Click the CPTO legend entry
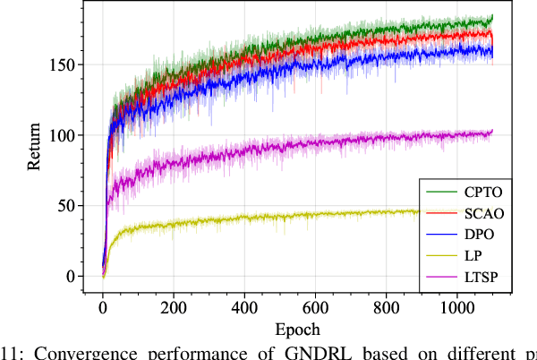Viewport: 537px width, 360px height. point(482,192)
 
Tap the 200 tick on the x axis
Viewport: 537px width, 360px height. point(174,307)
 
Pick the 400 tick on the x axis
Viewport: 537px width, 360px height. point(244,307)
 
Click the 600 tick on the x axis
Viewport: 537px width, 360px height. point(315,307)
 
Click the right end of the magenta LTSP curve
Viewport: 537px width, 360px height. point(492,133)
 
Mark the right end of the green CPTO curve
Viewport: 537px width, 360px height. point(492,18)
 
